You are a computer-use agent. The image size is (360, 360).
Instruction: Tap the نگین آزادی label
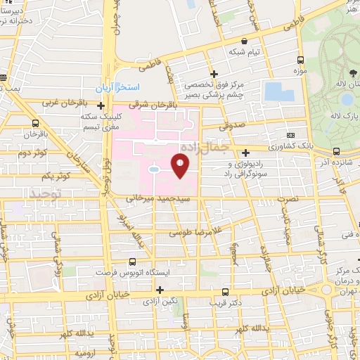160,301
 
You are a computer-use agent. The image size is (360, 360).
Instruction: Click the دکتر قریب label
224,303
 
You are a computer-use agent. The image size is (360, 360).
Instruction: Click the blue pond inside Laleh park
347,99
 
